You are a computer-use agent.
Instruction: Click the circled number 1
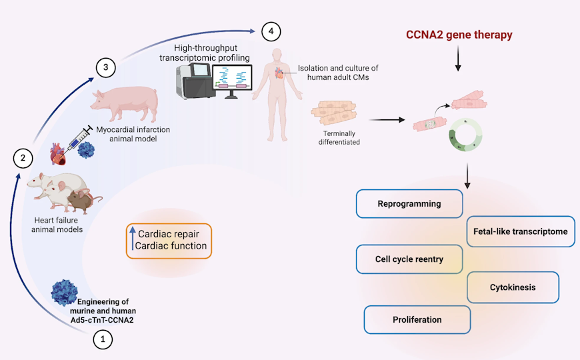pos(102,340)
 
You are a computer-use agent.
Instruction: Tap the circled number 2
pos(23,159)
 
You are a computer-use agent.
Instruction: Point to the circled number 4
pos(269,31)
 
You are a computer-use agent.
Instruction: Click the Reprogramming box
pos(409,204)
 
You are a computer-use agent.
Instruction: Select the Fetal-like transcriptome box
pos(520,231)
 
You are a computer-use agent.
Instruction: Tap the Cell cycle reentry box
pos(409,259)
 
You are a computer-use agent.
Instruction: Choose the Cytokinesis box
pos(513,287)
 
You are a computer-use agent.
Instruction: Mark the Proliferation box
pos(417,319)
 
